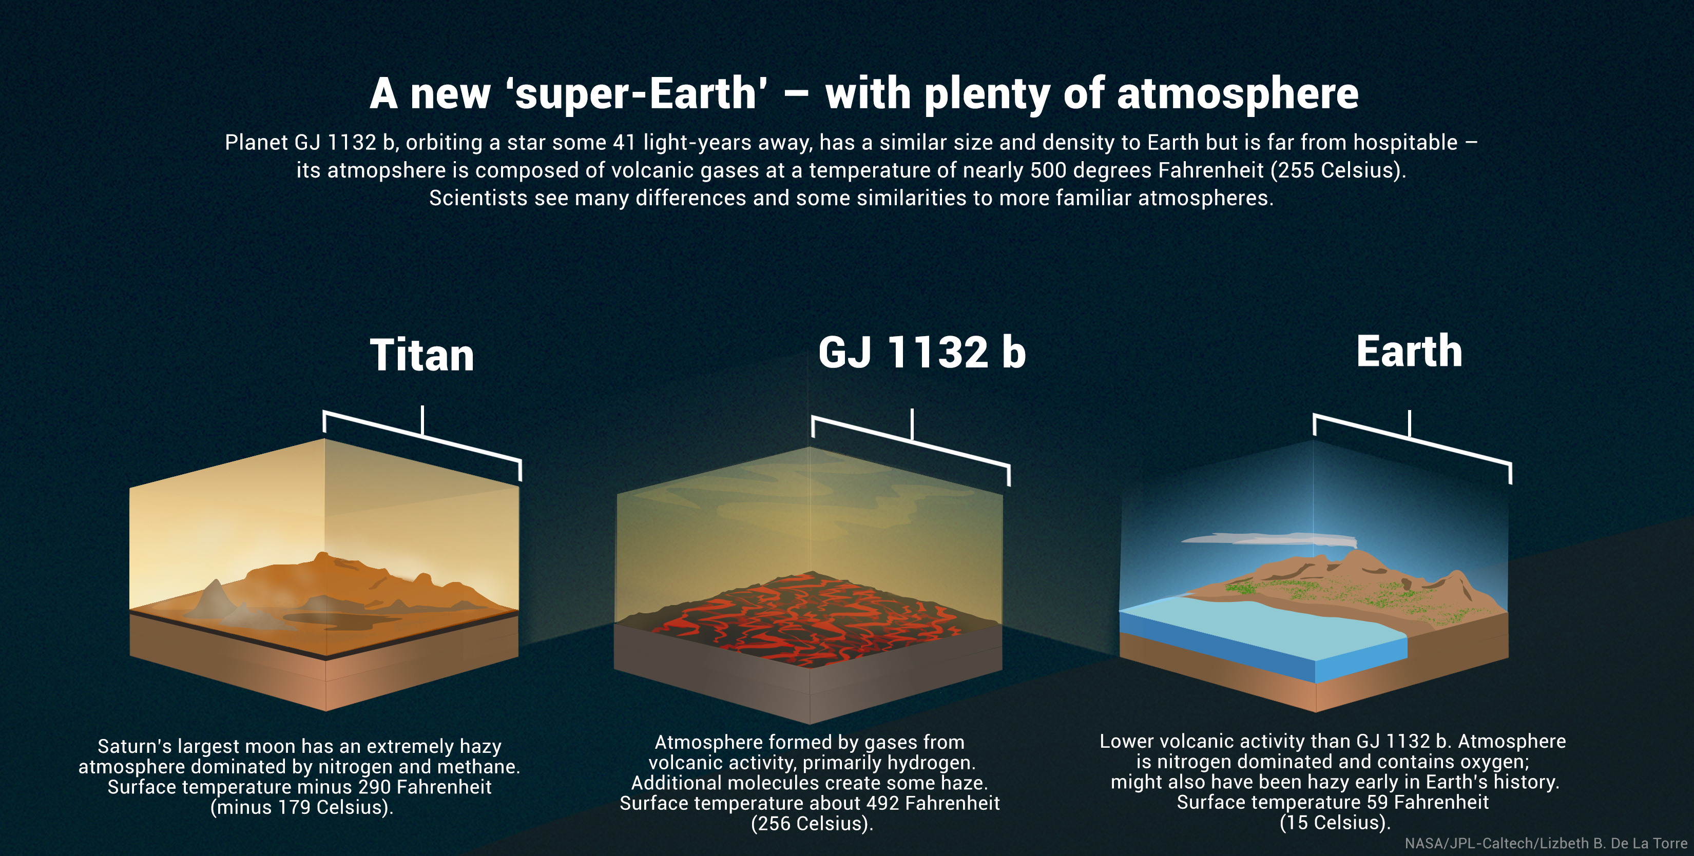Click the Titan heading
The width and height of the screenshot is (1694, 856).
click(421, 355)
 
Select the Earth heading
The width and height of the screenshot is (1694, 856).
click(1409, 351)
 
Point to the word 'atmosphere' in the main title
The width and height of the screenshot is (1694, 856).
click(1238, 94)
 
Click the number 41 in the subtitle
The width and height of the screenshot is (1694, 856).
click(624, 142)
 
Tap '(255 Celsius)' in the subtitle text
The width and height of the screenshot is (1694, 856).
click(1338, 170)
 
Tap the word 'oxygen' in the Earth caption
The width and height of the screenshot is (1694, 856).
click(1493, 763)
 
